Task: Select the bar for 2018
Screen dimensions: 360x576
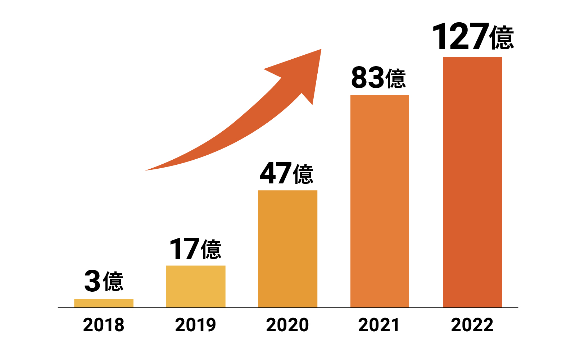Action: [104, 303]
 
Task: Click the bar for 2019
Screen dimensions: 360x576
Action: [196, 286]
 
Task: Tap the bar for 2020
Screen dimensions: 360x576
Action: [287, 249]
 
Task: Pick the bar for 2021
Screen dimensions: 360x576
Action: [380, 201]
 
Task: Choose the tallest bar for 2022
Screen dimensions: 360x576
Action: [472, 182]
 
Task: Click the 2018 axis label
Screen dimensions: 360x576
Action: [104, 325]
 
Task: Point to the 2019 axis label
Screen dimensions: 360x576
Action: [196, 325]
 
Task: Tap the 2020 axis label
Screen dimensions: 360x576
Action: [287, 325]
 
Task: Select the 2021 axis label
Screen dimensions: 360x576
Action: [379, 325]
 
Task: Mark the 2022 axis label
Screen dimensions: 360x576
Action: [472, 325]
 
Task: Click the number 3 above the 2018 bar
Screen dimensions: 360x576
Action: [92, 282]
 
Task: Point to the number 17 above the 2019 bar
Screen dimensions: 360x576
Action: [184, 249]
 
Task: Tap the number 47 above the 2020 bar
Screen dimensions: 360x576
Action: [276, 173]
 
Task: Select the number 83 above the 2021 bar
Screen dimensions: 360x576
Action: [367, 78]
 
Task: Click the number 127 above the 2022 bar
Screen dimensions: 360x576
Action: [461, 37]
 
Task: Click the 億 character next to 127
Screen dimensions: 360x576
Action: [502, 37]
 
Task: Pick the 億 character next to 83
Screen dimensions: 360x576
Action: [395, 78]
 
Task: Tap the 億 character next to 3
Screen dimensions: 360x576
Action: [113, 282]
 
